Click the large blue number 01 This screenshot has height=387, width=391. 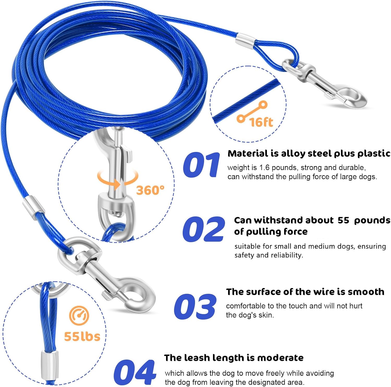pos(201,165)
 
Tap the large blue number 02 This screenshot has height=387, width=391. pos(204,229)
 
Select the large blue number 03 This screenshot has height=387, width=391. pos(195,306)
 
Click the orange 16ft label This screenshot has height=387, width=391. pos(261,122)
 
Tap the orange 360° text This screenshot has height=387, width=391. pos(150,190)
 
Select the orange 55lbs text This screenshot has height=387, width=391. pos(82,336)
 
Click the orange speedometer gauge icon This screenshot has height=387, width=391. pos(79,315)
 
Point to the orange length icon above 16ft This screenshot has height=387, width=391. pos(252,112)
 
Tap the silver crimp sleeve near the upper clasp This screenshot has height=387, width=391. pos(246,42)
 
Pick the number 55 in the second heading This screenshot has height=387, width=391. pos(343,220)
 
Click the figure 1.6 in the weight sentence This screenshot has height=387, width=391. pos(264,168)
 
